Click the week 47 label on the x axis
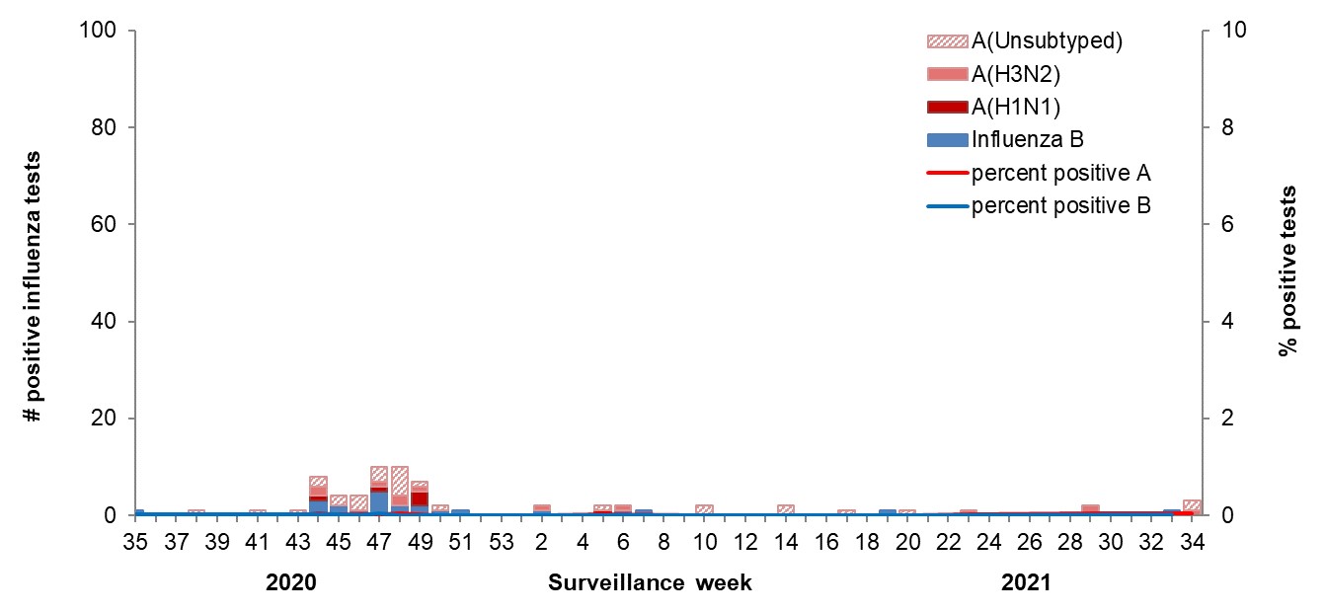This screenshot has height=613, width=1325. click(379, 542)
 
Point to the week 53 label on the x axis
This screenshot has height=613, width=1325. click(502, 542)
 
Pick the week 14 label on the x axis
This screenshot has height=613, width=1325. click(786, 542)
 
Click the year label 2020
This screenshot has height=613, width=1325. click(291, 583)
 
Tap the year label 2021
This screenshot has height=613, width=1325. click(1027, 583)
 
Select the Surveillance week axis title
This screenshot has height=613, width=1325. click(650, 583)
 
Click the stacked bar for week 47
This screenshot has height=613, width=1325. click(379, 492)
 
